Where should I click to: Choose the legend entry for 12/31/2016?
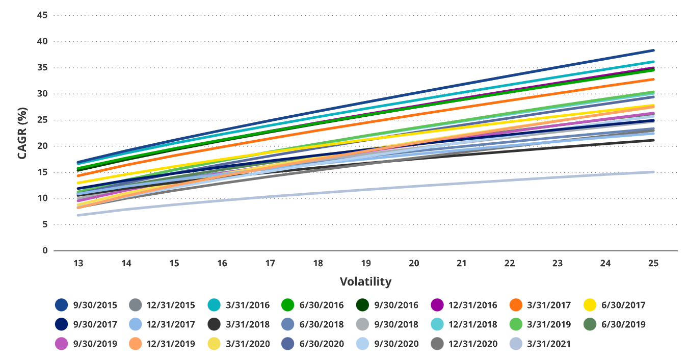473,305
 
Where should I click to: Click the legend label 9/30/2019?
95,344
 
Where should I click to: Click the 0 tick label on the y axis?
45,250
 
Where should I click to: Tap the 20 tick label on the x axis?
414,263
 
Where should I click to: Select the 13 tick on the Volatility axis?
78,263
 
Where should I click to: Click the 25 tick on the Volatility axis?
653,263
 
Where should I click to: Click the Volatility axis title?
365,281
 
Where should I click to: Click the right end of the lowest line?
653,172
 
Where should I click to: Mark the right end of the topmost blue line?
653,50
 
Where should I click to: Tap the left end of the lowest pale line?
78,215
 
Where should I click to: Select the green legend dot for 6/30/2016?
288,305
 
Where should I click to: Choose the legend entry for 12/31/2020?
473,344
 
